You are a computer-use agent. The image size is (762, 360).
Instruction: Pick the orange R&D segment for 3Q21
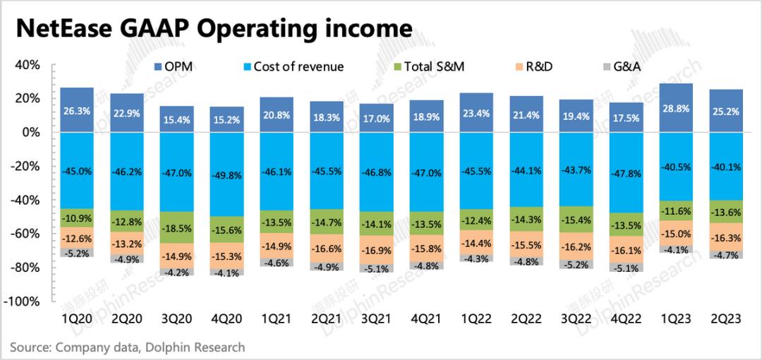(377, 249)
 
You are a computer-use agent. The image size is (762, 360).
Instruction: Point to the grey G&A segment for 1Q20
(77, 252)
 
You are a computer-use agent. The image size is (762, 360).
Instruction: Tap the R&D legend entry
(531, 66)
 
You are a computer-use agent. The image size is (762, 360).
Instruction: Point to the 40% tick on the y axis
(28, 65)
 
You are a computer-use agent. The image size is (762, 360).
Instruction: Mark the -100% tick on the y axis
(25, 301)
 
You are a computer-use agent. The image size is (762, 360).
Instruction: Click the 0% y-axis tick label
(32, 132)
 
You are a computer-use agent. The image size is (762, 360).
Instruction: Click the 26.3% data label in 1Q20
(77, 110)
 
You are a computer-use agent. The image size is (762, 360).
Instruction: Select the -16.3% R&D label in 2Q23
(727, 238)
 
